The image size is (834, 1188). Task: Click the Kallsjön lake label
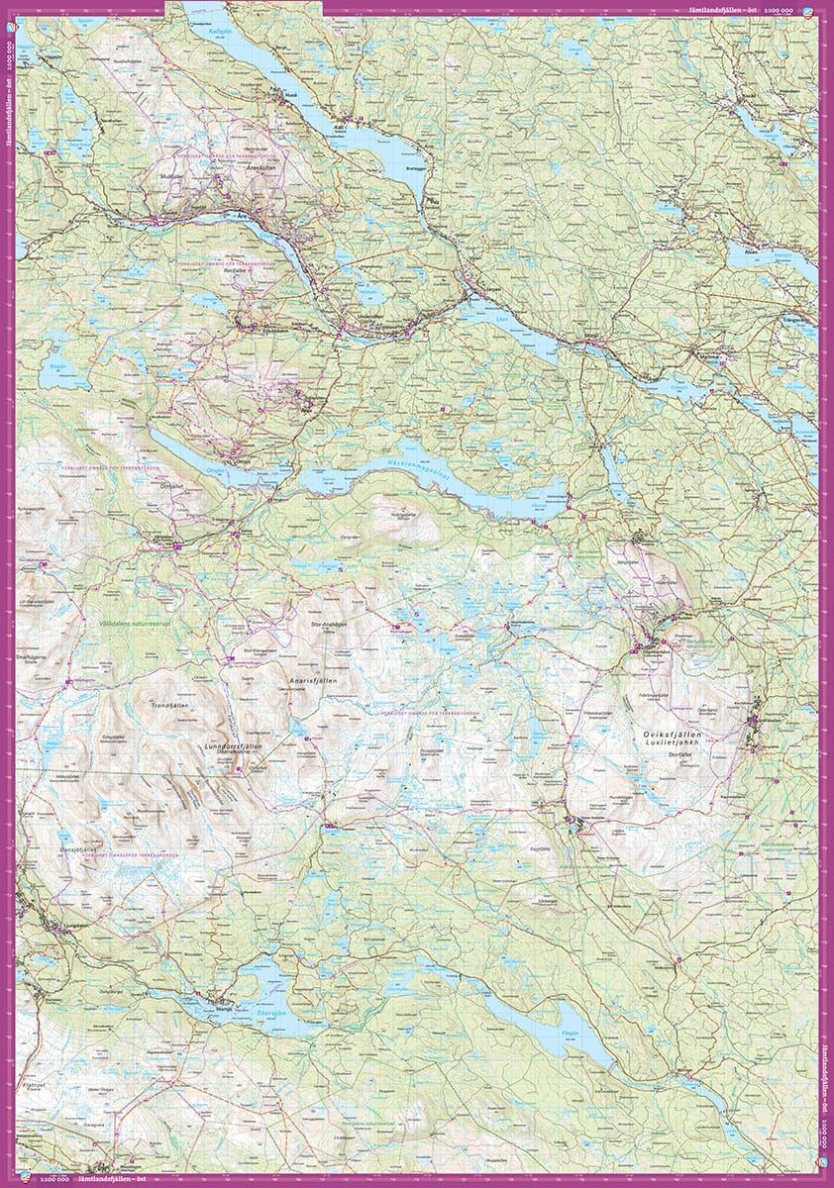[220, 31]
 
